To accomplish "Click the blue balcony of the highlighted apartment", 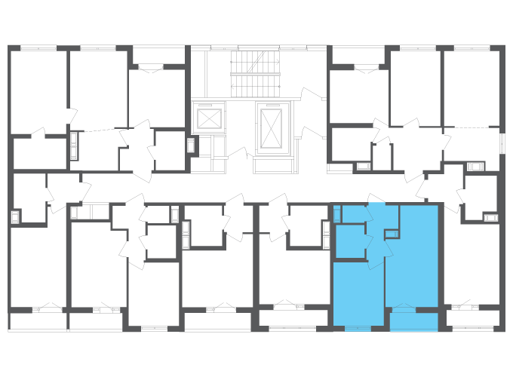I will point(413,322).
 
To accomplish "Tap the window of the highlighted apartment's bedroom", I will point(358,329).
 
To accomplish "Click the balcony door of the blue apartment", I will point(403,308).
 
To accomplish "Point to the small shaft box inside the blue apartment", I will point(392,234).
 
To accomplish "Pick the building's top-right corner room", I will point(472,87).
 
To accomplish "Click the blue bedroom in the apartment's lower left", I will point(358,294).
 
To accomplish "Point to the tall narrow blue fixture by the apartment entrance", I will point(337,214).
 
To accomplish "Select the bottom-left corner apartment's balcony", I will point(38,321).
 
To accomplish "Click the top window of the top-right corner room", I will point(472,48).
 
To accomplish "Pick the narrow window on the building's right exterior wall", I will point(502,143).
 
